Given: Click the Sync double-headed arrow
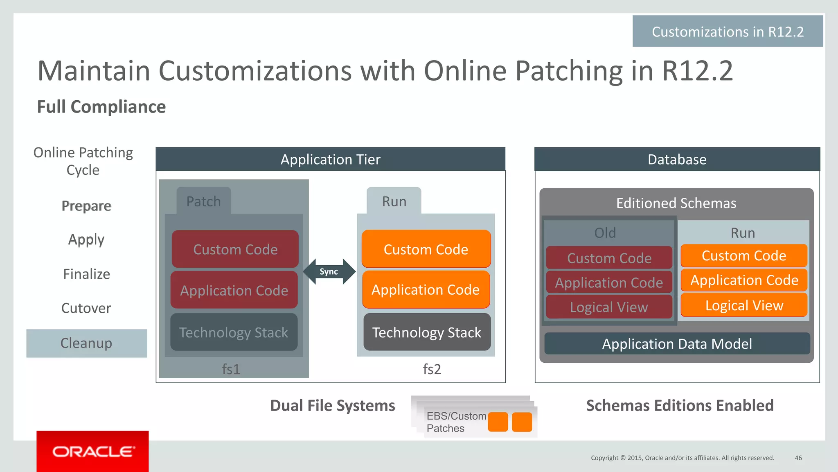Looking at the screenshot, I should pos(329,272).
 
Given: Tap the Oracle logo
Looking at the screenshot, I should pos(93,452).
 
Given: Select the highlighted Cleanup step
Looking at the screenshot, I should pos(86,343).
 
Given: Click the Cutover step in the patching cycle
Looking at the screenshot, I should pos(86,308).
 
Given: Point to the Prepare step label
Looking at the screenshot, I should pos(86,206).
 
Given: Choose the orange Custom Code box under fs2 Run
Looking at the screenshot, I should pos(426,249).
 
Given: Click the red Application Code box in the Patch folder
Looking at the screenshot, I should pos(234,290).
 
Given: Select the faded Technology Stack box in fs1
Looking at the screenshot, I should pos(234,332).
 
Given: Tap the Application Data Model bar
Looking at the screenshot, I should pos(677,343).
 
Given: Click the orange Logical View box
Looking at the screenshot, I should pos(744,305).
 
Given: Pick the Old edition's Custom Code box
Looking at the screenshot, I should pos(609,258).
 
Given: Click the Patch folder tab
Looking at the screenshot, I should pos(204,201).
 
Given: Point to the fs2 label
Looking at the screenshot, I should pos(432,369).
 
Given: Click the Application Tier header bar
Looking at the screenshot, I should pos(330,159).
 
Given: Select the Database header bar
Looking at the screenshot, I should pos(677,159).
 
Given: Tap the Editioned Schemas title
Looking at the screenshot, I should pos(676,203).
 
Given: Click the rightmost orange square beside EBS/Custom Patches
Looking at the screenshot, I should pos(522,422).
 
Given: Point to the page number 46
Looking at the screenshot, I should pos(798,458).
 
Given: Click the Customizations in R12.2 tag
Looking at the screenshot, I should pos(728,32).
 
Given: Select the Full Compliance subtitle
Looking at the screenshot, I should pos(101,107).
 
